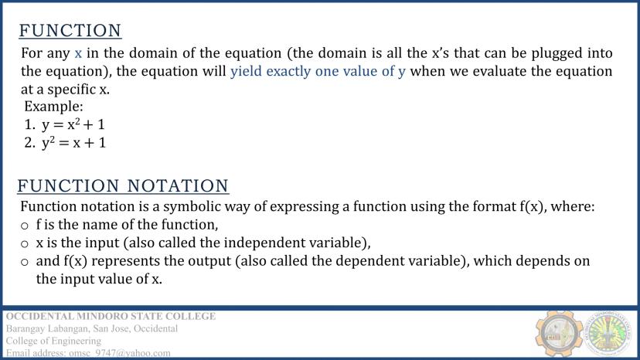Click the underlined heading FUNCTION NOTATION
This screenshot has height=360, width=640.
(x=123, y=186)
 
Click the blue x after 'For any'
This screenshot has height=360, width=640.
(x=78, y=53)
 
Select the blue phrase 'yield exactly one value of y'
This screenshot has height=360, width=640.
(x=318, y=71)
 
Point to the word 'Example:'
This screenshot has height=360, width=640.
(x=53, y=107)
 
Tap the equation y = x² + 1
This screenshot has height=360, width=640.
(x=73, y=124)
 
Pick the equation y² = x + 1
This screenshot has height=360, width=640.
(x=74, y=142)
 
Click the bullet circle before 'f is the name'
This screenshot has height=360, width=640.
(x=25, y=226)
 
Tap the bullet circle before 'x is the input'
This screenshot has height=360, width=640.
(x=25, y=244)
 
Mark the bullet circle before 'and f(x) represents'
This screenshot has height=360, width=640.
(x=25, y=262)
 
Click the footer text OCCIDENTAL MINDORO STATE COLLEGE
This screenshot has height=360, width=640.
(x=111, y=316)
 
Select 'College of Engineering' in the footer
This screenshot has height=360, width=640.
(x=53, y=341)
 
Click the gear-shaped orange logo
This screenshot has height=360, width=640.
(x=559, y=333)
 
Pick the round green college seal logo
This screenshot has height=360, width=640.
(x=608, y=333)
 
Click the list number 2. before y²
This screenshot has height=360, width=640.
(x=30, y=142)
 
